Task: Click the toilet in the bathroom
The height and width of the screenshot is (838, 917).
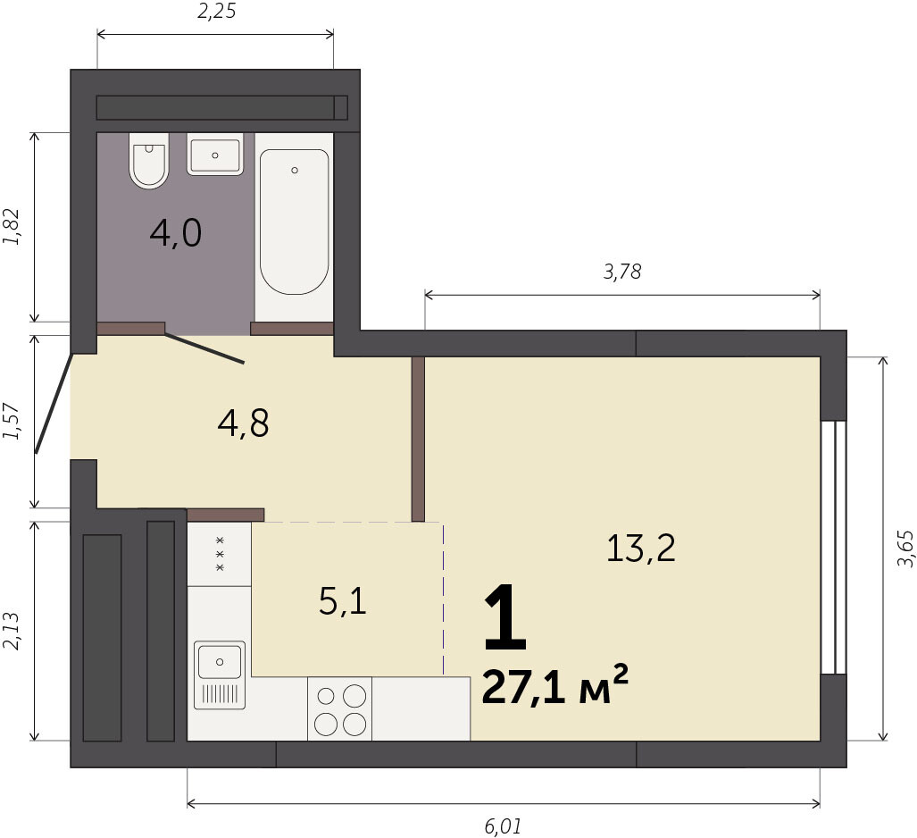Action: coord(149,160)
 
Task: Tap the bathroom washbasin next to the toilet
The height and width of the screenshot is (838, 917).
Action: coord(214,154)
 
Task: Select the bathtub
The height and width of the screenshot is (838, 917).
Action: coord(294,222)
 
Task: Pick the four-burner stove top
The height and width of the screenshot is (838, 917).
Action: coord(340,708)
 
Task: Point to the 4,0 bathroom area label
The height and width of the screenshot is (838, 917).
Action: coord(175,233)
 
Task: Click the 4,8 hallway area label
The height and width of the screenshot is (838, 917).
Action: coord(243,423)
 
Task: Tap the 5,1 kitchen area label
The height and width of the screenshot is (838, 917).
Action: coord(343,601)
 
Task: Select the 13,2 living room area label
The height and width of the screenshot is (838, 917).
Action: coord(641,549)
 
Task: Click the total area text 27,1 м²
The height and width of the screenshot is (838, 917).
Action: coord(555,684)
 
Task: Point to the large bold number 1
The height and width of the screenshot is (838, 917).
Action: coord(506,617)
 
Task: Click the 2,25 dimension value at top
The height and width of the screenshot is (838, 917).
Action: coord(216,11)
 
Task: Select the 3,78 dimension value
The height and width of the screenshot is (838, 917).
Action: coord(622,272)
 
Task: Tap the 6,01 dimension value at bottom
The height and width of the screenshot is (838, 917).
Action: coord(503,827)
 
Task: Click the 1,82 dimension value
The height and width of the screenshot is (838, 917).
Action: coord(12,227)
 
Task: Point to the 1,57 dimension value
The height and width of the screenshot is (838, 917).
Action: coord(12,422)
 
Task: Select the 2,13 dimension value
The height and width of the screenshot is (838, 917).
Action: coord(12,631)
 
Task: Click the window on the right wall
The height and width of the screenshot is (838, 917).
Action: coord(833,547)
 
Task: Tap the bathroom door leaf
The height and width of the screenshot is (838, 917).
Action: coord(204,348)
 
